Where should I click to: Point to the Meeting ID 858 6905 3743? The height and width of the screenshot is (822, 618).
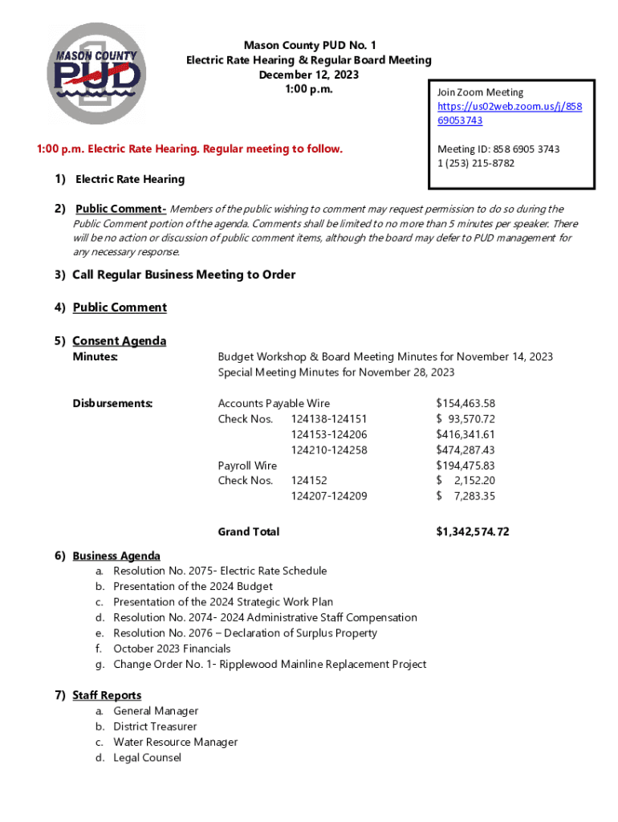coord(498,149)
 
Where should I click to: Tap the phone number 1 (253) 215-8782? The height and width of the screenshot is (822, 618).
coord(476,164)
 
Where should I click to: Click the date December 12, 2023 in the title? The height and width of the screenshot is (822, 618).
coord(308,75)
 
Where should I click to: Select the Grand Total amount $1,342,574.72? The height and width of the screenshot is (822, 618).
coord(472,531)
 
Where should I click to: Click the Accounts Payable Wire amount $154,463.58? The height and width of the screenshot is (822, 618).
coord(466,403)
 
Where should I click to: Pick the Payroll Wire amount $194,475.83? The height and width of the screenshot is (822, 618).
coord(466,466)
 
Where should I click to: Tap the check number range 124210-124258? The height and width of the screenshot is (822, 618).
coord(329,450)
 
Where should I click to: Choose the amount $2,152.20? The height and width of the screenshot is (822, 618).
coord(466,481)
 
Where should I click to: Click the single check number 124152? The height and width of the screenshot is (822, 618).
coord(309,481)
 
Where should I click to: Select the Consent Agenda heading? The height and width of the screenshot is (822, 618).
coord(119,341)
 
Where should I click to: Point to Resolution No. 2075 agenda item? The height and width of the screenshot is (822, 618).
coord(220,571)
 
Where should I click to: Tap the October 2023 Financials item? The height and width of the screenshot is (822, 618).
coord(172,649)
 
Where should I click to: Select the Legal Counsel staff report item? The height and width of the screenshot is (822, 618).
coord(147,758)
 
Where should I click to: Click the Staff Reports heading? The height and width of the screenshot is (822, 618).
coord(107,695)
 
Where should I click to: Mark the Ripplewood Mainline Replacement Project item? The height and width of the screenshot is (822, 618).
coord(270,664)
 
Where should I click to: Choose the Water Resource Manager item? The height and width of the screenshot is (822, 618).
coord(175,742)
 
